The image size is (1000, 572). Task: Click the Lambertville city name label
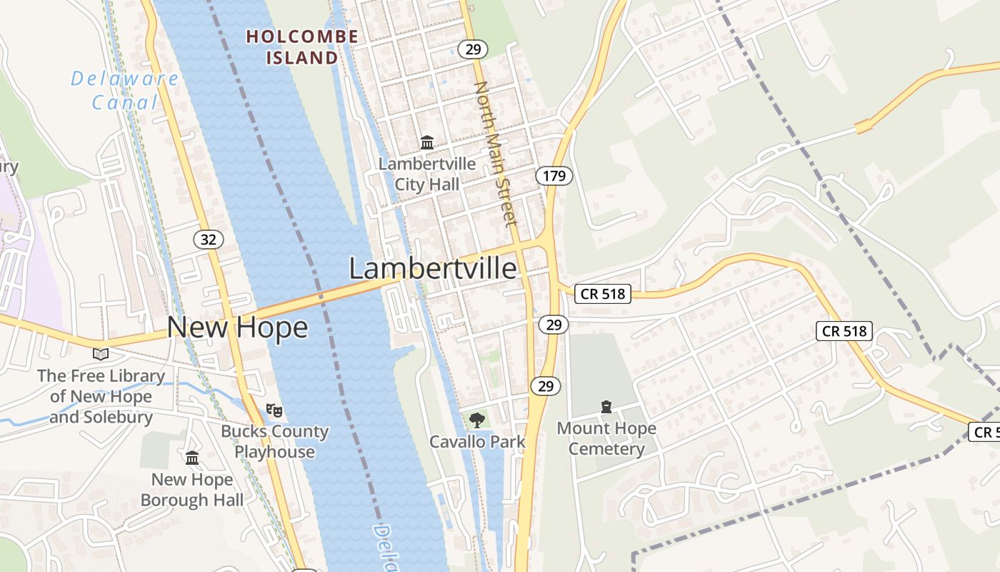coord(432,269)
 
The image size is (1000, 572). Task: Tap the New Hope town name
coord(237,327)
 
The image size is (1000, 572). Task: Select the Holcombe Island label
coord(301,46)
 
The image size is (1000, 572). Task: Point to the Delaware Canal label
coord(124,90)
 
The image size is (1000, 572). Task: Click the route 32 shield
coord(208,240)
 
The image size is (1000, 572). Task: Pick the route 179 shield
coord(554,176)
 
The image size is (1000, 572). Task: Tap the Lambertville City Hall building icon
coord(427,142)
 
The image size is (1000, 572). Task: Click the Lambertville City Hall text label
coord(427,174)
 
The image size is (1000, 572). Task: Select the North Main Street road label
coord(496,154)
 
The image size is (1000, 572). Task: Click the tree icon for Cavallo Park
coord(476,420)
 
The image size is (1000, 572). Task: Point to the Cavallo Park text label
coord(477,442)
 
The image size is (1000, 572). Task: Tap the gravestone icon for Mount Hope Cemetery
coord(606,407)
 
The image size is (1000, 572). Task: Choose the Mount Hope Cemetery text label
coord(606,438)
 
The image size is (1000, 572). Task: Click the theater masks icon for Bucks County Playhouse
coord(274,410)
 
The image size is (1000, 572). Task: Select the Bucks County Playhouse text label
coord(274,441)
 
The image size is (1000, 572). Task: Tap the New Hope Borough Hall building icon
coord(192,458)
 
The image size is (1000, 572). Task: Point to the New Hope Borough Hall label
coord(192,490)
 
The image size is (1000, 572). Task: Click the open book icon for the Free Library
coord(101,354)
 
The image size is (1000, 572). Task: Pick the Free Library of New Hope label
coord(101,396)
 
